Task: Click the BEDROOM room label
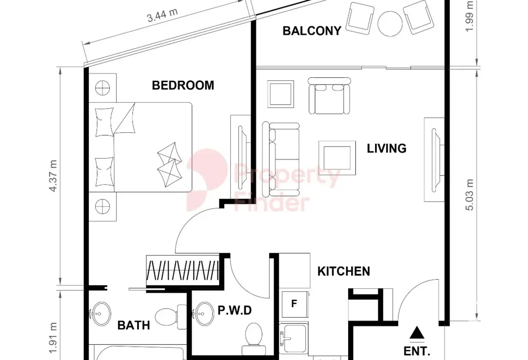point(183,85)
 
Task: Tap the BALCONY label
point(312,31)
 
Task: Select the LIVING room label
point(387,148)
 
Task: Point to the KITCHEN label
point(344,271)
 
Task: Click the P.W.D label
point(235,310)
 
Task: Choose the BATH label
point(134,325)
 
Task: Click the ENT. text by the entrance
point(417,351)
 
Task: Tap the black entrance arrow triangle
point(417,333)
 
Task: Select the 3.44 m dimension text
point(162,15)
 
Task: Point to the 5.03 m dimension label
point(470,195)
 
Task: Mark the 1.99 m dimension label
point(470,16)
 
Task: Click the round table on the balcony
point(390,24)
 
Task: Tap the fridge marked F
point(295,304)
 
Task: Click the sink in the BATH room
point(101,314)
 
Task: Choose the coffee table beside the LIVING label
point(337,158)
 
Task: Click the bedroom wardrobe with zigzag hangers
point(183,270)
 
